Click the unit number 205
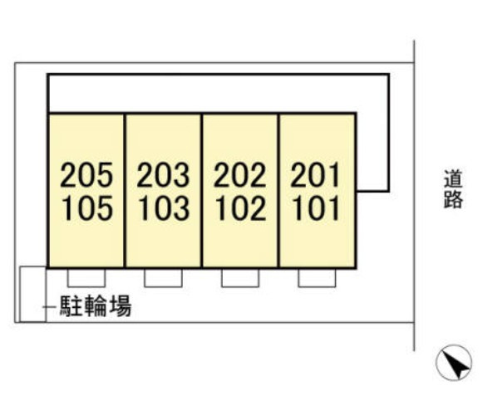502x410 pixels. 86,174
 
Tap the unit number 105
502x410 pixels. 87,208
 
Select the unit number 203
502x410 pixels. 163,174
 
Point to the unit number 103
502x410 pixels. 165,208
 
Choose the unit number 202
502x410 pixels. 240,174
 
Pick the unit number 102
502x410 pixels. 241,208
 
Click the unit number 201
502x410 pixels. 315,174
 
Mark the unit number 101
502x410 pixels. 317,208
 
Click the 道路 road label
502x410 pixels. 453,189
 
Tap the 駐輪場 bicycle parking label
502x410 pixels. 96,306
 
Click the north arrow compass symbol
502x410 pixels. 454,363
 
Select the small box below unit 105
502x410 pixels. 86,277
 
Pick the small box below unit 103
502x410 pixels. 163,277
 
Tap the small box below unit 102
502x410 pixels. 240,277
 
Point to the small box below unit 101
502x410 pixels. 317,277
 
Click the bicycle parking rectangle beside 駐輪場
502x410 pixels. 20,294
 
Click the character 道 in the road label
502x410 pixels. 453,179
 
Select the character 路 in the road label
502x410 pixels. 453,199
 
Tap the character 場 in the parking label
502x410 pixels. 121,306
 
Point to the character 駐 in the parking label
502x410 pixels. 71,306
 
